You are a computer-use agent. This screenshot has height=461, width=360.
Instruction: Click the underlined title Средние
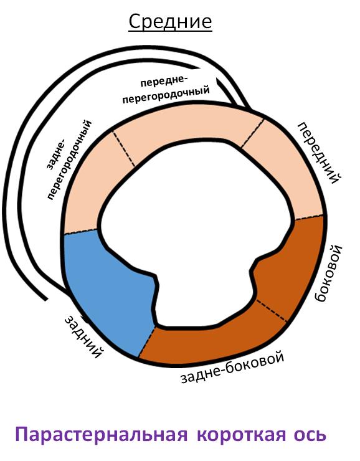point(170,21)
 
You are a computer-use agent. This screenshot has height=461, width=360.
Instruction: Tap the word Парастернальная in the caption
point(102,435)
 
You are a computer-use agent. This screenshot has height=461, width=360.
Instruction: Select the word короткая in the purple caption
point(241,435)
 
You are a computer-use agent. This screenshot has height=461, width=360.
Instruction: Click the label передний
point(320,153)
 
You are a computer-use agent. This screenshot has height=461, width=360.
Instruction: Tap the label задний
point(83,336)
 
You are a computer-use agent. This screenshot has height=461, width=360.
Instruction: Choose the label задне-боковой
point(232,367)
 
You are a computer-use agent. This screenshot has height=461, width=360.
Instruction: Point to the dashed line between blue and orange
point(146,342)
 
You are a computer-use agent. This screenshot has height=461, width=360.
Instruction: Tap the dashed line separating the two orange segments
point(272,311)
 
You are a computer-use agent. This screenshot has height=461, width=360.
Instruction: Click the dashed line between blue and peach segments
point(80,232)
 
